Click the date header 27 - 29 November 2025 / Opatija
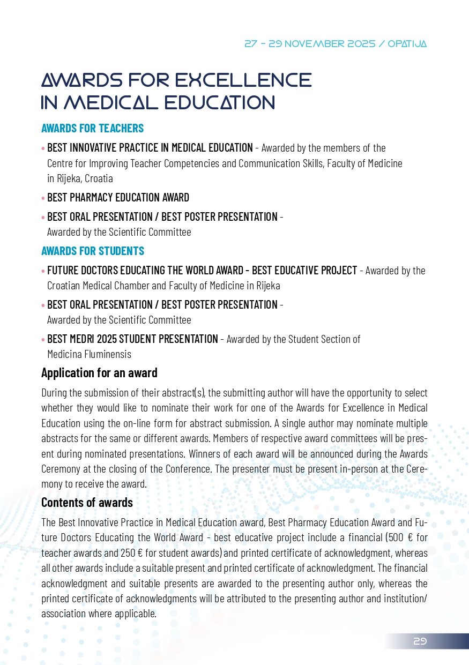click(x=336, y=44)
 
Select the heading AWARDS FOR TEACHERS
click(x=92, y=129)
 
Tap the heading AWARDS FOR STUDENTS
click(x=92, y=251)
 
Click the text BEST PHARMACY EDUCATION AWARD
click(x=118, y=198)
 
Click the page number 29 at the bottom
click(x=420, y=641)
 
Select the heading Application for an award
click(x=99, y=372)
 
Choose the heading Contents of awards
click(x=87, y=503)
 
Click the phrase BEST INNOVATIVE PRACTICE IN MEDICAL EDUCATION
click(x=150, y=148)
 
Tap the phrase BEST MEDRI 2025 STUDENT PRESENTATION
click(x=132, y=339)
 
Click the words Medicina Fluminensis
click(x=89, y=354)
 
